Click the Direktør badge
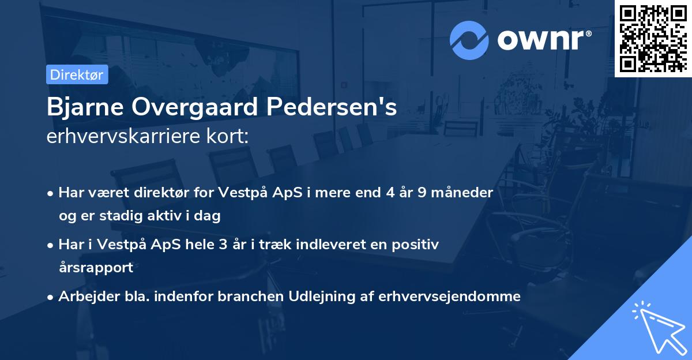pyautogui.click(x=77, y=74)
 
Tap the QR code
pyautogui.click(x=653, y=39)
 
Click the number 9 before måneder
pyautogui.click(x=423, y=193)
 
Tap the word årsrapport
pyautogui.click(x=96, y=268)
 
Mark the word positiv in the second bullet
pyautogui.click(x=418, y=245)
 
